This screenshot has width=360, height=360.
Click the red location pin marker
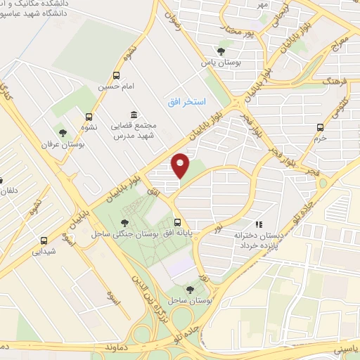[181, 165]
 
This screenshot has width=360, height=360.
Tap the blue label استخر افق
[186, 103]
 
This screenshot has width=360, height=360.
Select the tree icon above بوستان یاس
[221, 51]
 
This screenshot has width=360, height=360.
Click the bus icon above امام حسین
[116, 75]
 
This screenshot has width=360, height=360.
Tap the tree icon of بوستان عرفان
[63, 132]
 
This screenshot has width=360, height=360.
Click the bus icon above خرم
[320, 127]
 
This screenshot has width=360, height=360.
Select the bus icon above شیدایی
[44, 239]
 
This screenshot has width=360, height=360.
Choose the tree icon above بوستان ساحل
[190, 289]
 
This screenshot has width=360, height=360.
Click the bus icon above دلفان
[2, 180]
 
